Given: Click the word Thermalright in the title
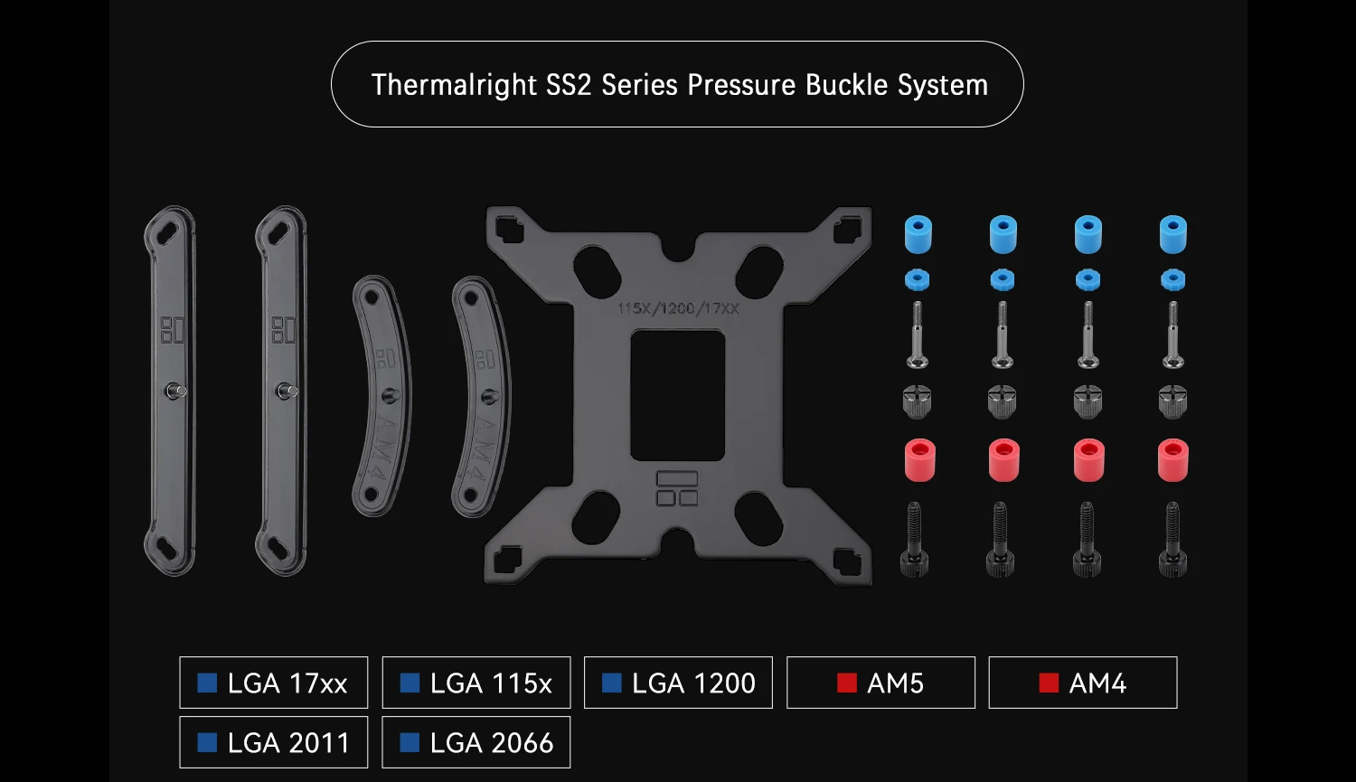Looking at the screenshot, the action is [454, 85].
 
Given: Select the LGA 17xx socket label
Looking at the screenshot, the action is [274, 683].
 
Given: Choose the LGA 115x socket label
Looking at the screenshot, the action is [476, 683].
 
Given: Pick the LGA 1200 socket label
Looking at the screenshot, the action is [678, 683].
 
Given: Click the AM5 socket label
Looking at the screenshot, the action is [880, 683].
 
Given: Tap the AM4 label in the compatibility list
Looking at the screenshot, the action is [1083, 683].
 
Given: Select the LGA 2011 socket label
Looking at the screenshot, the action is [274, 742].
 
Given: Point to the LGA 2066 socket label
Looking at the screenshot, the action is [476, 742].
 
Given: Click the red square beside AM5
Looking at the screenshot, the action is [847, 683].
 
